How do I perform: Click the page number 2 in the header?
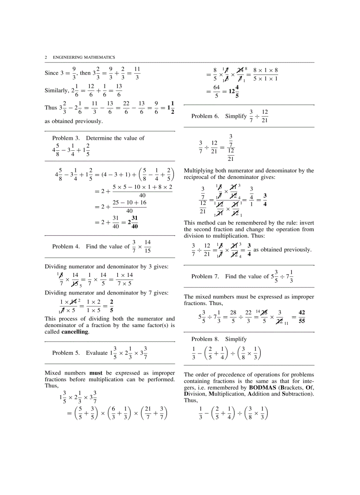point(46,57)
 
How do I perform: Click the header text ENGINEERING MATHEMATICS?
point(84,57)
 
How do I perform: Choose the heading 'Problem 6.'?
point(205,116)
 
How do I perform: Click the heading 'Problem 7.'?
point(205,276)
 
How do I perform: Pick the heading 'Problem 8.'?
point(205,339)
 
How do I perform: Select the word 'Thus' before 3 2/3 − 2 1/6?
point(51,108)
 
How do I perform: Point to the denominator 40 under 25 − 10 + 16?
point(130,211)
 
